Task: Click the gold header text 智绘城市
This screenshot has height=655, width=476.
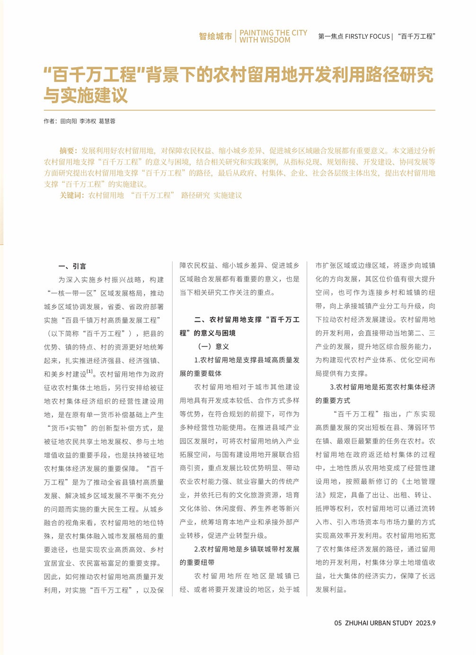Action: [215, 36]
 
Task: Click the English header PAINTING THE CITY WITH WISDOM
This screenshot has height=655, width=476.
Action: [273, 36]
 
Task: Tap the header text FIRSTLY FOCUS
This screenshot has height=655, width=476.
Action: [367, 36]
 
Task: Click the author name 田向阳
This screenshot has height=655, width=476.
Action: [68, 121]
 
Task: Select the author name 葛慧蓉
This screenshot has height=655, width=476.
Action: [107, 121]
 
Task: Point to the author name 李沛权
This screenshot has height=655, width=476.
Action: [88, 121]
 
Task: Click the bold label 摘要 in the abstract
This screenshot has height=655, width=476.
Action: [67, 150]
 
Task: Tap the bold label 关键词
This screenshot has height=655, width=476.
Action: [71, 195]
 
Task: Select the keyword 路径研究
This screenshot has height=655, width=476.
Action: [195, 195]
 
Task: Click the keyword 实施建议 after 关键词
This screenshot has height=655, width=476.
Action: [228, 195]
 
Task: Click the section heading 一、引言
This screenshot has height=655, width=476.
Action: [72, 266]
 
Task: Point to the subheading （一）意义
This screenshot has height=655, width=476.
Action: [213, 346]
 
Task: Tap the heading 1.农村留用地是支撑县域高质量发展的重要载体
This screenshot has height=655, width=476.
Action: [239, 367]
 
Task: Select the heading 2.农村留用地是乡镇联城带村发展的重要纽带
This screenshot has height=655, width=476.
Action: [239, 556]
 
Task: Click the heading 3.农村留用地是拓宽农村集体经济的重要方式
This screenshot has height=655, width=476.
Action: [375, 394]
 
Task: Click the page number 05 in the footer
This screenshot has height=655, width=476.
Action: [338, 623]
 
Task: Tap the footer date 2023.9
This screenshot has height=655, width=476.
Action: [426, 623]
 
